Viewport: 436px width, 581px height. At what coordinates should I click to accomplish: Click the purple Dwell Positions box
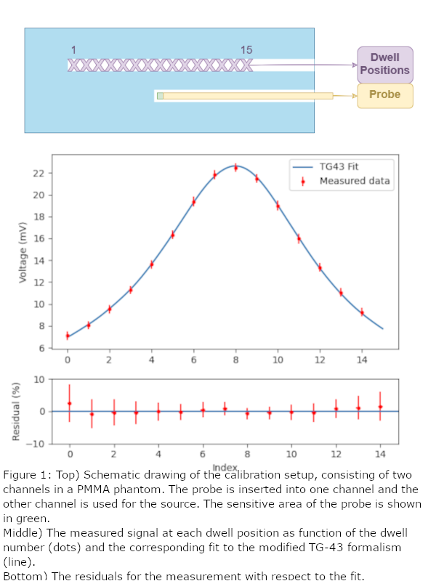(385, 65)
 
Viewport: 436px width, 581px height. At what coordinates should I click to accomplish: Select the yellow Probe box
(385, 96)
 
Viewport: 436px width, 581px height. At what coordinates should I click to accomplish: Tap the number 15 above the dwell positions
(246, 50)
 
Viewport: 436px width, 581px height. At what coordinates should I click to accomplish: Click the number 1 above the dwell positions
(73, 50)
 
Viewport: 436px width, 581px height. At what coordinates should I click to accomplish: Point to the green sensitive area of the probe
(160, 96)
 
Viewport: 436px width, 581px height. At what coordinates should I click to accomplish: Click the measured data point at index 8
(235, 168)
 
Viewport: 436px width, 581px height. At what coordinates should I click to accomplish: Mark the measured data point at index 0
(68, 336)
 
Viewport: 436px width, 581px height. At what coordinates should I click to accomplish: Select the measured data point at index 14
(362, 313)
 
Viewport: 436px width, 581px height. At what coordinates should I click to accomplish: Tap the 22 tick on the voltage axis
(39, 173)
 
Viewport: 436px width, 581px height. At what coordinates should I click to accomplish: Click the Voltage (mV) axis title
(23, 252)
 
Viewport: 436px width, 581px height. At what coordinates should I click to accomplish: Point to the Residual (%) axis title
(15, 411)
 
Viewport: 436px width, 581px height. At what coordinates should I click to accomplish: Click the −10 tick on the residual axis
(36, 444)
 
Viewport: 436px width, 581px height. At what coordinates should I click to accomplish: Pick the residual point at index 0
(69, 404)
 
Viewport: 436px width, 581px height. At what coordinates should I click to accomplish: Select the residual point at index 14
(380, 407)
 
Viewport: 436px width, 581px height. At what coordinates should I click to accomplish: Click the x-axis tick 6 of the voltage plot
(193, 359)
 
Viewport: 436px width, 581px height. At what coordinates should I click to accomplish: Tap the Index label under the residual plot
(225, 468)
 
